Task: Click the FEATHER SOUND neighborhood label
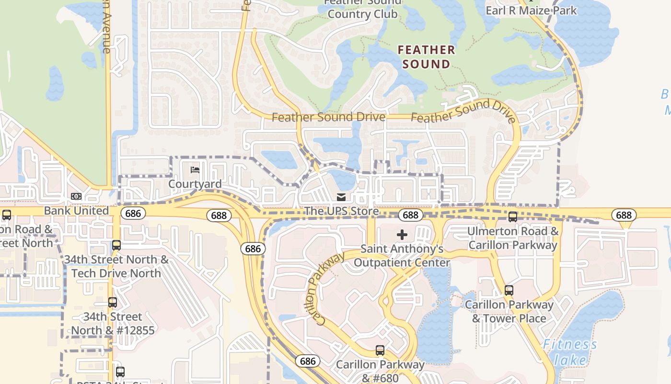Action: click(426, 57)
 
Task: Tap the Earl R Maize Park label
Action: click(531, 10)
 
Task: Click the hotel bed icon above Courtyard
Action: click(195, 170)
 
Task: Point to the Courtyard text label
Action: click(195, 184)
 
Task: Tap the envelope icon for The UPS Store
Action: click(341, 197)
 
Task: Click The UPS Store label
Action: click(341, 211)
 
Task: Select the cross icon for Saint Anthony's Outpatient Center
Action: click(402, 234)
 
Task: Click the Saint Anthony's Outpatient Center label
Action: click(402, 256)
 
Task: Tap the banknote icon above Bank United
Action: click(76, 196)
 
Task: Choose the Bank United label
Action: click(76, 211)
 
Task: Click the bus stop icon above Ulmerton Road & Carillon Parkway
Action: click(513, 217)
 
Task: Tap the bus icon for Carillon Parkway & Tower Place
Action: click(509, 290)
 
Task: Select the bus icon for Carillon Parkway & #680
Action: click(380, 350)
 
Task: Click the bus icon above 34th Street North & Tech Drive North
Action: click(116, 245)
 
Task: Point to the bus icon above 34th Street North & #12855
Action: click(113, 302)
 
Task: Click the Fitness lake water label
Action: click(570, 352)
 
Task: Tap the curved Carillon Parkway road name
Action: click(324, 289)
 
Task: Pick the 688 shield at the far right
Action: click(624, 215)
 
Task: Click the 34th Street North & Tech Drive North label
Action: click(116, 266)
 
